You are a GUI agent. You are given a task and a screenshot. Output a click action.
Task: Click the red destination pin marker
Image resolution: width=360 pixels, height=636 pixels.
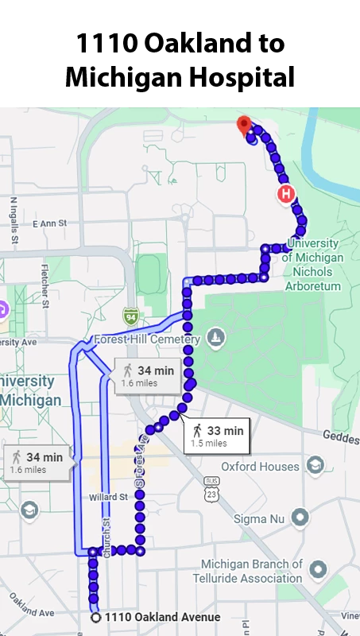click(244, 125)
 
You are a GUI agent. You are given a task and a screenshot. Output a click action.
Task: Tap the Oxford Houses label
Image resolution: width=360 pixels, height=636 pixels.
click(259, 466)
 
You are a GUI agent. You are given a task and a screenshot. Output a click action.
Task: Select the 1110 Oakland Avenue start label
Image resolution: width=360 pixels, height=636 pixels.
click(162, 617)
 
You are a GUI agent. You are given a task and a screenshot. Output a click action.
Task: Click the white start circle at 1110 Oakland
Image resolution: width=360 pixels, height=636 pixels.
click(96, 617)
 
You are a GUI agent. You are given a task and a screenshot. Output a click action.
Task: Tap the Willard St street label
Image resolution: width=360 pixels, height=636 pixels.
click(108, 498)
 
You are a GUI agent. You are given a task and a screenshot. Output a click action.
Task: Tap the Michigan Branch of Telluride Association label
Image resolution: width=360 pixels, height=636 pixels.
click(252, 571)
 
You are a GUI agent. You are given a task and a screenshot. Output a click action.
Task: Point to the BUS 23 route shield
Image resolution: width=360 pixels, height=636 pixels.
click(211, 487)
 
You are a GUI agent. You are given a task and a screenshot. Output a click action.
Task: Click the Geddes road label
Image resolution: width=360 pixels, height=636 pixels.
click(341, 435)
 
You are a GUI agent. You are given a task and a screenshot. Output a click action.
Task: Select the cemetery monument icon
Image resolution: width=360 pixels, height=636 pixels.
click(215, 339)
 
